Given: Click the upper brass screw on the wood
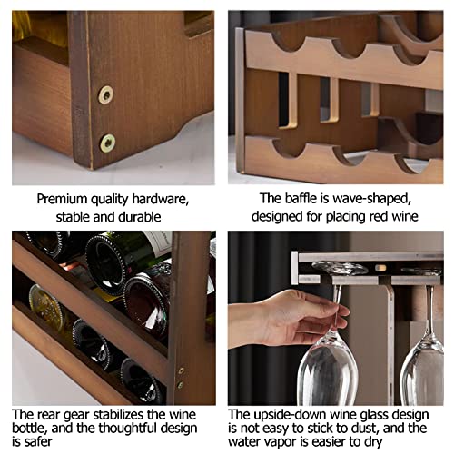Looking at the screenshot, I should coord(106,94).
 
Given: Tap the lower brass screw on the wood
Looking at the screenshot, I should coord(108,143).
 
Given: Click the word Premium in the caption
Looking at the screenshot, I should coord(65,199).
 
